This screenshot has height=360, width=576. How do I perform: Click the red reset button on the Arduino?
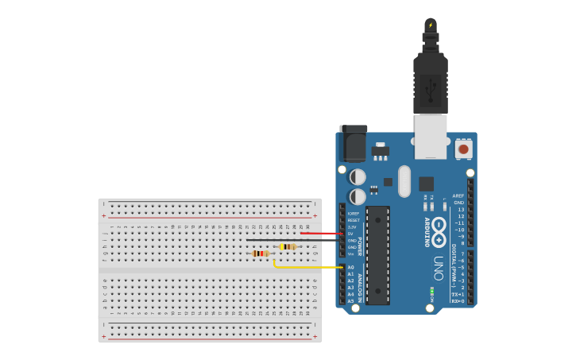tap(463, 148)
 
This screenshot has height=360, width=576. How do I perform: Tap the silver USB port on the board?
tap(431, 136)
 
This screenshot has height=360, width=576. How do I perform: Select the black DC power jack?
tap(353, 143)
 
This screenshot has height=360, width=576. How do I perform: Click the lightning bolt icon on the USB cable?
tap(431, 25)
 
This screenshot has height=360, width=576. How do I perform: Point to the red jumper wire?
tap(322, 234)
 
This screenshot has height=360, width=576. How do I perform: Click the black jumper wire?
tap(294, 240)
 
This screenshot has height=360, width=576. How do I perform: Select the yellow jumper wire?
tap(310, 267)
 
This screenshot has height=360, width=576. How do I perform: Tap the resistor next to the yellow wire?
tap(260, 254)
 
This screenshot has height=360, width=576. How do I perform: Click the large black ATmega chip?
tap(378, 255)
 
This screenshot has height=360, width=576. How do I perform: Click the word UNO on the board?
tap(439, 269)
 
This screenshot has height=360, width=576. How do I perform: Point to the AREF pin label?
tap(458, 195)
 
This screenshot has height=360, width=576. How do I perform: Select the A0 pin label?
tap(350, 267)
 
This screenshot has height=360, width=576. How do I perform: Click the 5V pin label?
tap(350, 234)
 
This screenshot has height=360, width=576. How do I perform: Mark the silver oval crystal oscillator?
tap(404, 180)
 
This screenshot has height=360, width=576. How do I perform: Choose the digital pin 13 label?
tap(460, 210)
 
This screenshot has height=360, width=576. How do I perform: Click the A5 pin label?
tap(350, 301)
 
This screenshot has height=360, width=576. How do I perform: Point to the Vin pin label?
tap(350, 254)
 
